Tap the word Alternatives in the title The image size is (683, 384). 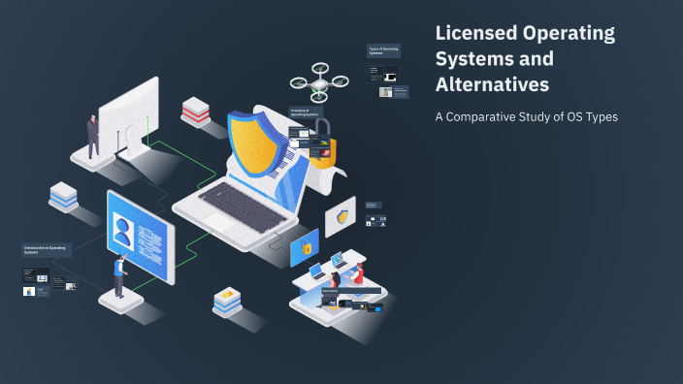tap(492, 84)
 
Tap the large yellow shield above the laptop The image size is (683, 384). tap(258, 145)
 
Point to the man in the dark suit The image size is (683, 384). tap(93, 136)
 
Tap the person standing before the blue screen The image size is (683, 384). tap(119, 276)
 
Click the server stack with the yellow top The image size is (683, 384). tap(227, 302)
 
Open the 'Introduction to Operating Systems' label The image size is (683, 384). tap(47, 250)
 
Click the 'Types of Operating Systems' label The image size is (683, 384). tap(383, 50)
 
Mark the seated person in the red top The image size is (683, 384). tap(356, 275)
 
